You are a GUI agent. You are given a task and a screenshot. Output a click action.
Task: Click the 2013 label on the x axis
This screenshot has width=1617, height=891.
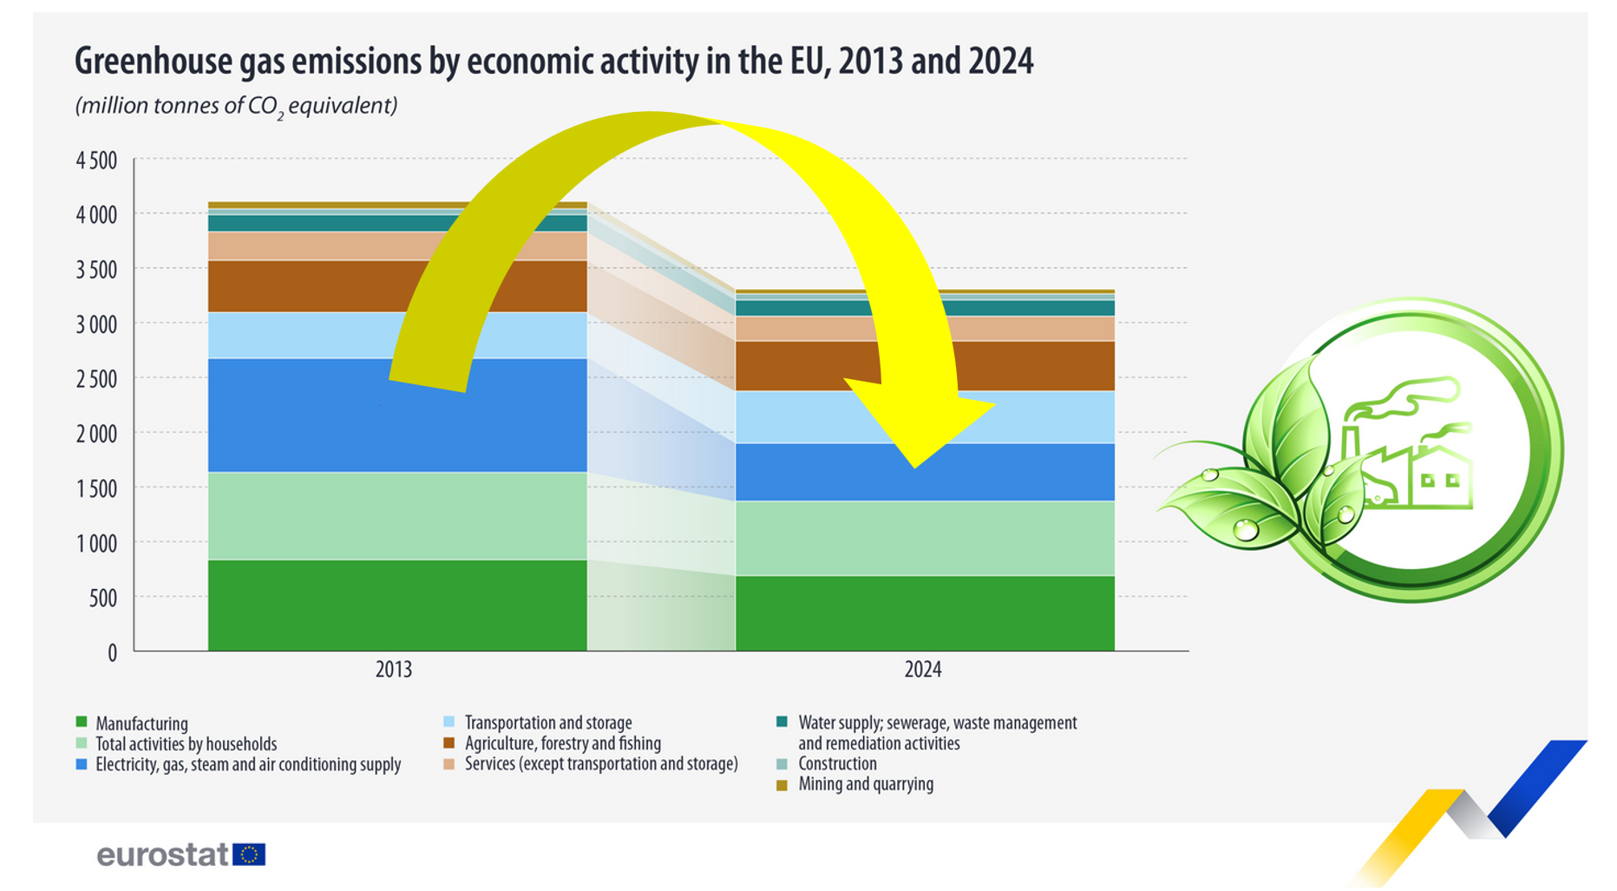tap(393, 670)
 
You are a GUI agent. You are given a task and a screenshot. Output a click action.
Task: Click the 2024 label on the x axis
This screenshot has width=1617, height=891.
tap(923, 670)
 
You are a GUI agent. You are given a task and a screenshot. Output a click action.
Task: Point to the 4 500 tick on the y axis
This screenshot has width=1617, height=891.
tap(96, 161)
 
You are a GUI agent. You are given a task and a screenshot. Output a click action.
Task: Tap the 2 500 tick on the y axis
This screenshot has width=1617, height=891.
tap(96, 379)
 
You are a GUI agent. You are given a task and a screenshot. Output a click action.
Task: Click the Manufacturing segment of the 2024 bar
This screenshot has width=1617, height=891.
tap(925, 613)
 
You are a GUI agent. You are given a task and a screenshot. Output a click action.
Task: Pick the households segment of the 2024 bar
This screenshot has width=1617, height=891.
tap(925, 538)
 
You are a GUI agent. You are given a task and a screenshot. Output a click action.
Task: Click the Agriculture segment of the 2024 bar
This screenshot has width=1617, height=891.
tap(798, 365)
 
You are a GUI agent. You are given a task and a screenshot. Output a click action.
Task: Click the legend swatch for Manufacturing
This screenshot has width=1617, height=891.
tap(82, 723)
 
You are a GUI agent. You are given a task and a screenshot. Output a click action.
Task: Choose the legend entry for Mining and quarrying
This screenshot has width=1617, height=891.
tap(865, 784)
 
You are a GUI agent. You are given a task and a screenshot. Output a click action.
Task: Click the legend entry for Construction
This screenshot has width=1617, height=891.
tap(837, 764)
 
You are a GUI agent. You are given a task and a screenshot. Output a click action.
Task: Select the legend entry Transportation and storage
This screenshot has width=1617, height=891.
tap(547, 723)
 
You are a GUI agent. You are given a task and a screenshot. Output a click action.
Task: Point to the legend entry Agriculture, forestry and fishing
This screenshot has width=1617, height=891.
tap(562, 744)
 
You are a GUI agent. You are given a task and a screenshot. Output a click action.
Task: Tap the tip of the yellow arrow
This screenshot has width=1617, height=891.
tap(916, 467)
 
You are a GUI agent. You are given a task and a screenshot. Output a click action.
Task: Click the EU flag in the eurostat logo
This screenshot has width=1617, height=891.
tap(250, 855)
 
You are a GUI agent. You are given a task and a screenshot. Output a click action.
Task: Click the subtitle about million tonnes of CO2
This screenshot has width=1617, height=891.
tap(236, 107)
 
